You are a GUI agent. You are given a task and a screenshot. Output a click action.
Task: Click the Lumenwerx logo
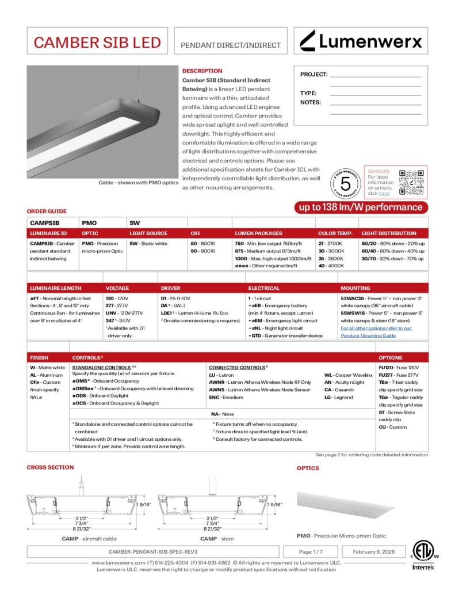coord(361,41)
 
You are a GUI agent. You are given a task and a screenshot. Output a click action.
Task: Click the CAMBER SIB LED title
coord(96,42)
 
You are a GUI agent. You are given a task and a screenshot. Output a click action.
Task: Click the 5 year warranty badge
coord(345,183)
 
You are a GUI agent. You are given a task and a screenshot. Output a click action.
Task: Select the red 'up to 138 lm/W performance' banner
coord(360,207)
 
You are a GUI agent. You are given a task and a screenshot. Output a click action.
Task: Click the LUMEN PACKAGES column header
coord(258,233)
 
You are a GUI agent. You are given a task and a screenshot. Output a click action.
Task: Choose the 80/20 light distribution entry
coord(393,243)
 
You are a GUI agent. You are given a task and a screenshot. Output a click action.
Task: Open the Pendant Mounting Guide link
coord(368,335)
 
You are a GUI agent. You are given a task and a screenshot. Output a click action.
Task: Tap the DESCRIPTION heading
coord(202,71)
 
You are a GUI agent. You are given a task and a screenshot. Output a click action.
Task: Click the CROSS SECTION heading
coord(50,467)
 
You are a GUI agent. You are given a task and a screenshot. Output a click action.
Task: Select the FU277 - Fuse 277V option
coord(399,375)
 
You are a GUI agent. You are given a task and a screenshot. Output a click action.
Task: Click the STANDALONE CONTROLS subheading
coord(101,366)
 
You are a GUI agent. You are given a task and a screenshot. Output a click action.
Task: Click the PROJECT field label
coord(313,75)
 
